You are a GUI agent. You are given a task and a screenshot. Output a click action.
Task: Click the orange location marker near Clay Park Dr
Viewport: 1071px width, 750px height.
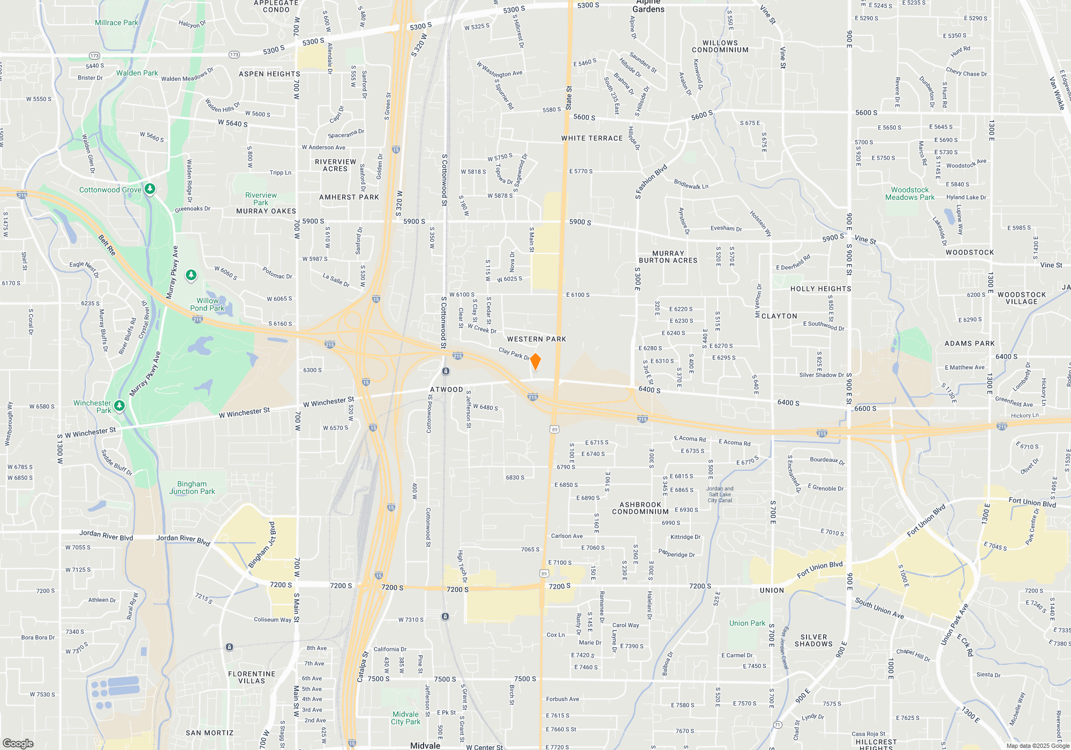[535, 362]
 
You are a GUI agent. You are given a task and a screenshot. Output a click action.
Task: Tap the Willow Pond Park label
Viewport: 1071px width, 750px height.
[207, 304]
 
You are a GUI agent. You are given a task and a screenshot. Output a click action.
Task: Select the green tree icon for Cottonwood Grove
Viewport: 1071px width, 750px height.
[150, 189]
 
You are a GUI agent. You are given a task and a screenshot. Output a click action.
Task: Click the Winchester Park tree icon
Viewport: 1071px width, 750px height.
[119, 406]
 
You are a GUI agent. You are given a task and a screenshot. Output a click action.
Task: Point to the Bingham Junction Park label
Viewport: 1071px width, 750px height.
[192, 487]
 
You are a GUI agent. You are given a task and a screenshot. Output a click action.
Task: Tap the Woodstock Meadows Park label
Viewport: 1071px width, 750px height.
[909, 193]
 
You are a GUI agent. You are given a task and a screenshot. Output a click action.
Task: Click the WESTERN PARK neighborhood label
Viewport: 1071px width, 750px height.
[536, 339]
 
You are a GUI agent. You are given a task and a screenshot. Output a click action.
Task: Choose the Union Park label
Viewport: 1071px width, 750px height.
[747, 623]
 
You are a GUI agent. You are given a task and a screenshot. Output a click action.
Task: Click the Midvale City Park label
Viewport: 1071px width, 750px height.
[405, 718]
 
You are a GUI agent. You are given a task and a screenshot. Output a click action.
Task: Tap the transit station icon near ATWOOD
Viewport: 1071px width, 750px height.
[446, 371]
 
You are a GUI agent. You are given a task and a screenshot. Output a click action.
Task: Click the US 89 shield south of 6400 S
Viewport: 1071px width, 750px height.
[554, 429]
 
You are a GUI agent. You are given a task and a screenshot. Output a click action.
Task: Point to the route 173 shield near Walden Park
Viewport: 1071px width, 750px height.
[95, 56]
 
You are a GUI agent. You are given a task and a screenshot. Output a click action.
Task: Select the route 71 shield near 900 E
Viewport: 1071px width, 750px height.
[778, 725]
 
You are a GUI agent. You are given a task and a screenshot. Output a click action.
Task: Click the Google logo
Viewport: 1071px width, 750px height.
[18, 744]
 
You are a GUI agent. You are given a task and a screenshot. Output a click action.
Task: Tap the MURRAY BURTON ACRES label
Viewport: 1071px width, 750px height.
[668, 257]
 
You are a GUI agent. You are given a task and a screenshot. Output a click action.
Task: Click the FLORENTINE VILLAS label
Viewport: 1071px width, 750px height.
[251, 677]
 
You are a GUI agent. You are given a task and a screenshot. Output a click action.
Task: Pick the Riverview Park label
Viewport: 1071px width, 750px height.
[261, 199]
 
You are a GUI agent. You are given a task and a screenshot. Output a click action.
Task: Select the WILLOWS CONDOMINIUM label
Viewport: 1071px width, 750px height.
[720, 46]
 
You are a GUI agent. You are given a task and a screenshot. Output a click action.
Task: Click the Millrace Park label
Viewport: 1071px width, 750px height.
[116, 22]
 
